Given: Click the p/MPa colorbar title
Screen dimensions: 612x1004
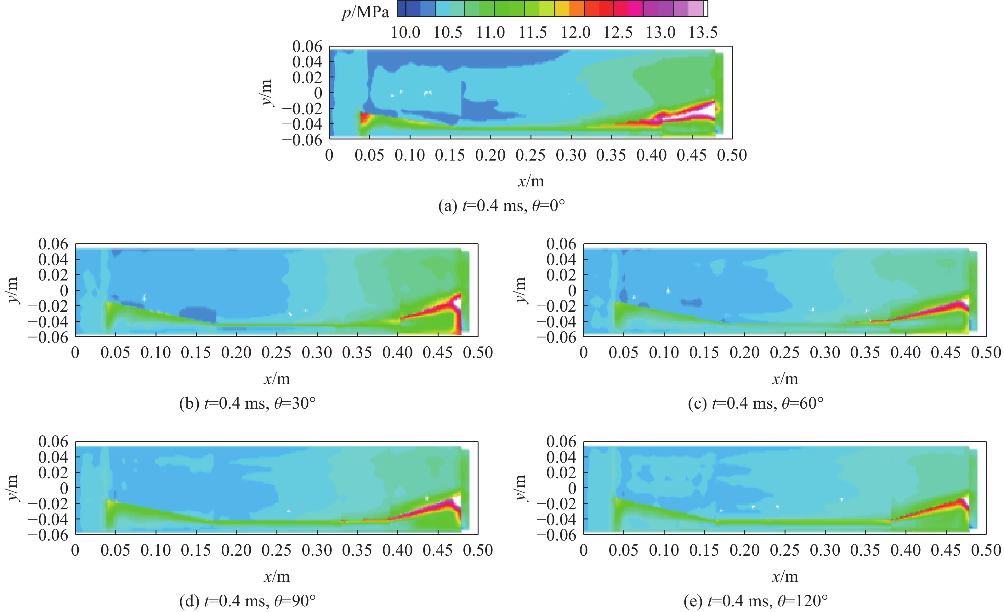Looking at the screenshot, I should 365,13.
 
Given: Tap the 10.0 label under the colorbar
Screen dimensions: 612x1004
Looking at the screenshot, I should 406,32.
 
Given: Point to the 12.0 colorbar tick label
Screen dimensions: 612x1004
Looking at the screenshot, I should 575,32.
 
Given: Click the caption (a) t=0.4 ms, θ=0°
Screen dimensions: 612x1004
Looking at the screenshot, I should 502,206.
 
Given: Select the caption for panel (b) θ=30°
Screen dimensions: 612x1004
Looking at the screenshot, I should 247,403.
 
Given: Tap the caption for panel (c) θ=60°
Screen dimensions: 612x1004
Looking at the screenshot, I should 756,403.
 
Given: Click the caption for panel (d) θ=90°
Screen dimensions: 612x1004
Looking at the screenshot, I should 247,601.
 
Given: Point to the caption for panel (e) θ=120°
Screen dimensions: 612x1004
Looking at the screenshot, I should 756,601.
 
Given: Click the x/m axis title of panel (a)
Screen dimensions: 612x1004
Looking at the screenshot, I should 530,181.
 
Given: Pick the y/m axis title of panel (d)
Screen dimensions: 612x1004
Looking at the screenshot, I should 13,488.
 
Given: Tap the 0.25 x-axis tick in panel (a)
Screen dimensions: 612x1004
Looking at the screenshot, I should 530,155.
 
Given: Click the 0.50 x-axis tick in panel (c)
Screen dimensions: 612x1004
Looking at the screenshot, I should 986,353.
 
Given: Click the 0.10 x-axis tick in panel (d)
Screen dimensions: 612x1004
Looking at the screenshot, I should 156,550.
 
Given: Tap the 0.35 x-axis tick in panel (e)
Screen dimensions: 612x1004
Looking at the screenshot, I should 865,550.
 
